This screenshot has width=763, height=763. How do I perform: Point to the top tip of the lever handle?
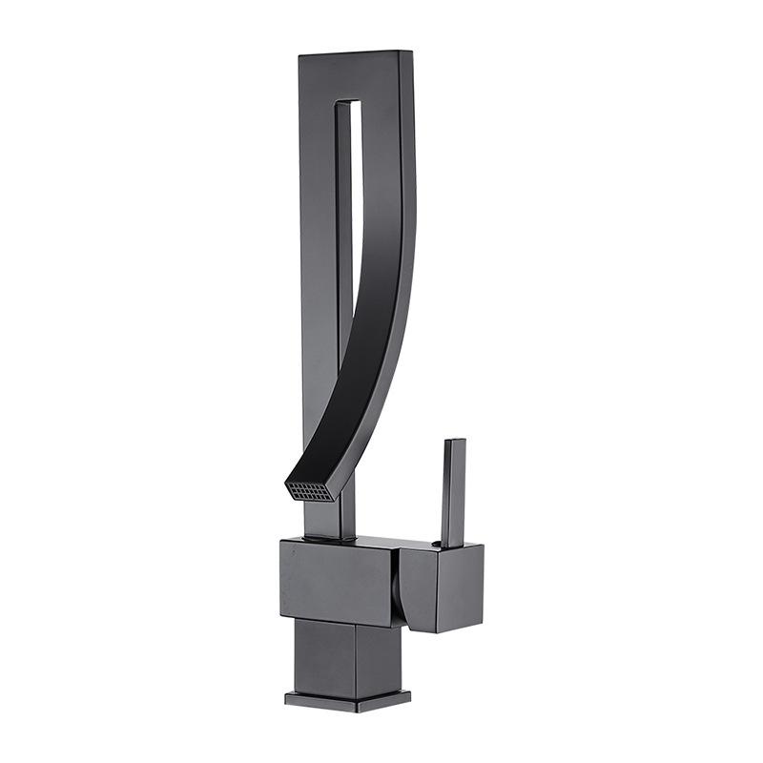[x=454, y=443]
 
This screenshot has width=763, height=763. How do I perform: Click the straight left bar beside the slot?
[x=318, y=238]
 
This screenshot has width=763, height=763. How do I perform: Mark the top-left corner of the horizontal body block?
[x=282, y=542]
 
